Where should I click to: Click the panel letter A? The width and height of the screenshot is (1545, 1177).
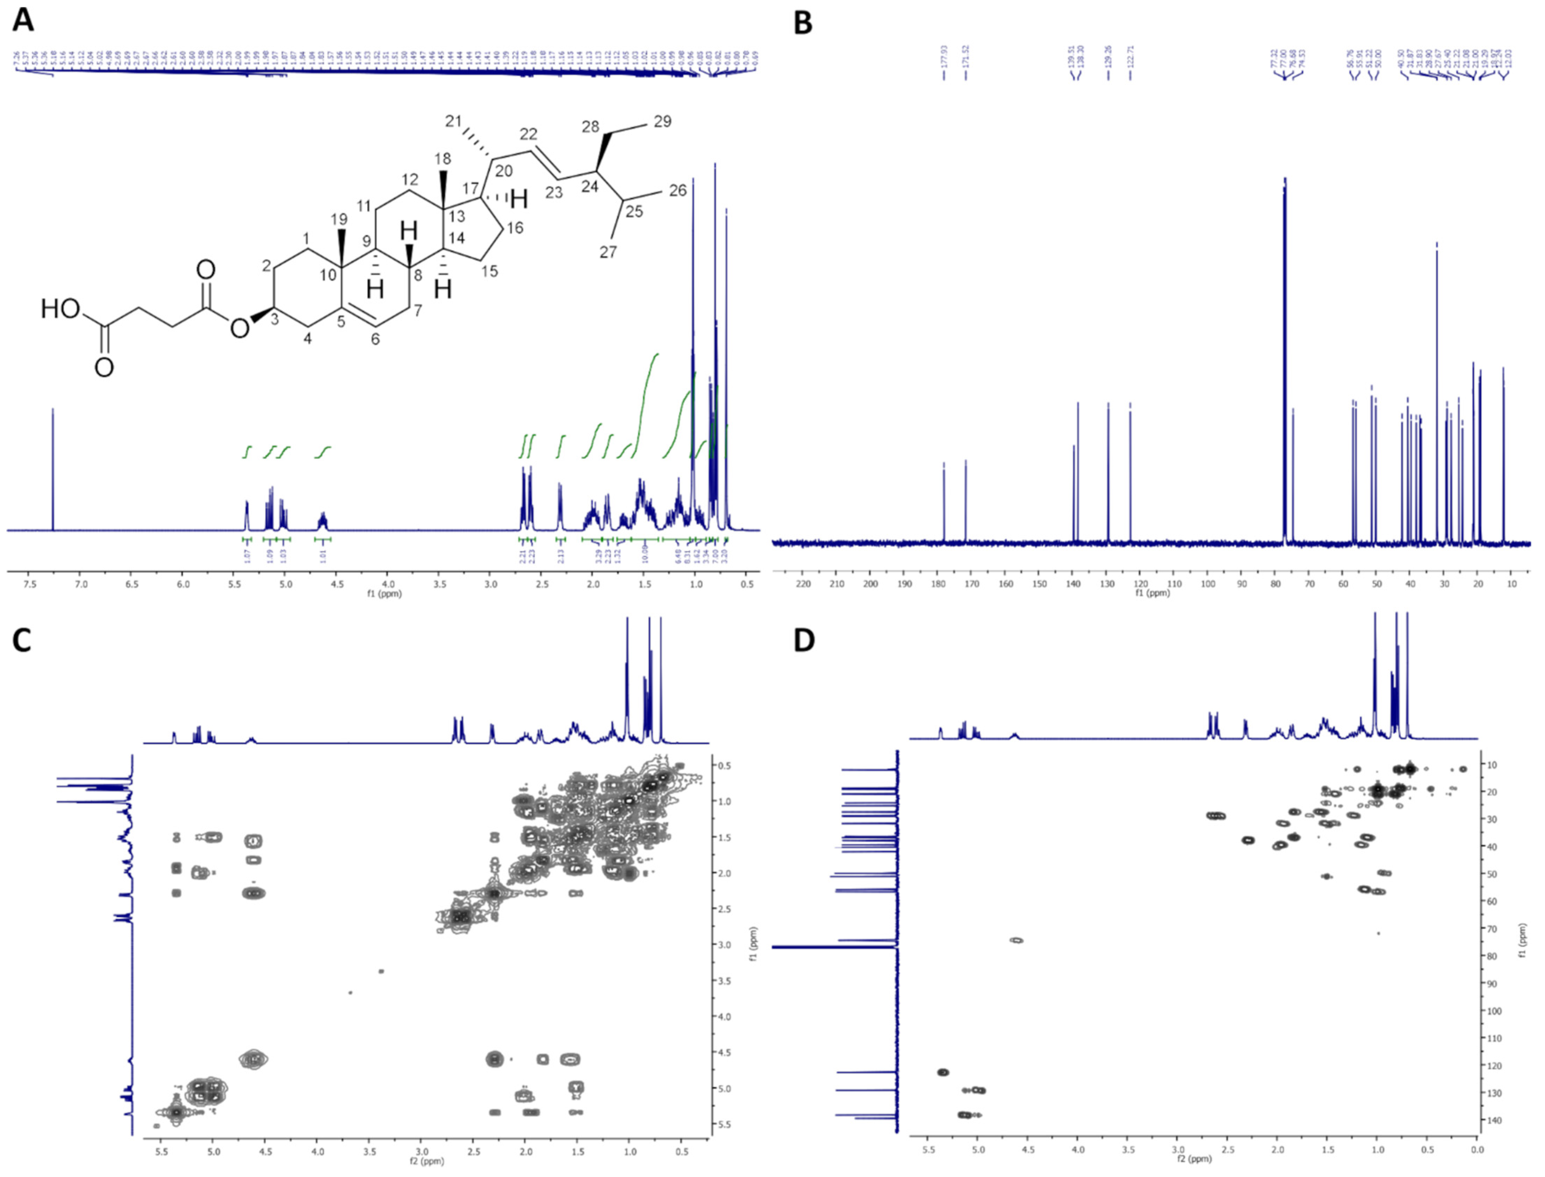point(23,21)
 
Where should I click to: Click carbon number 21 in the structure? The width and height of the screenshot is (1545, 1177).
point(454,121)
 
